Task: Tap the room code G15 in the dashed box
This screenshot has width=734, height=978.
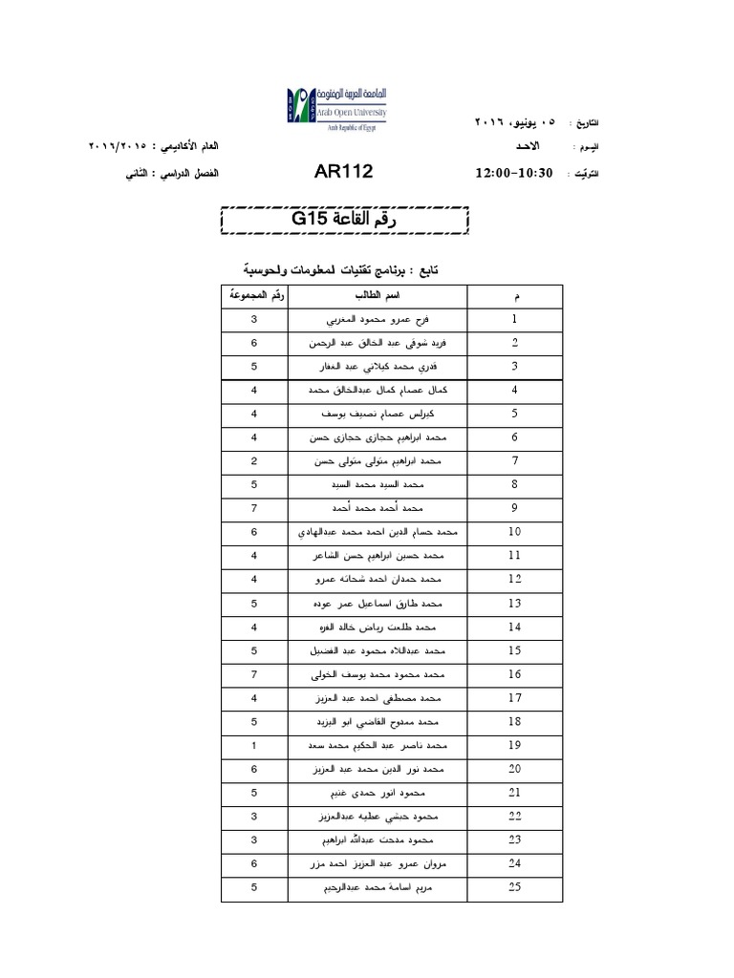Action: point(311,219)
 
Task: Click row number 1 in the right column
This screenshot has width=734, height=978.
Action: point(515,319)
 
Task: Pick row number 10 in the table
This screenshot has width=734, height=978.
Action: point(515,532)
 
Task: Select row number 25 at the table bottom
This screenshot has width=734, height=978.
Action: point(515,886)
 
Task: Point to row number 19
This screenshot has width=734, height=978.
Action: point(515,745)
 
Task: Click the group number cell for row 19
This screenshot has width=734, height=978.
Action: point(254,745)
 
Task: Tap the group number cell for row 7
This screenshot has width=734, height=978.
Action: point(254,461)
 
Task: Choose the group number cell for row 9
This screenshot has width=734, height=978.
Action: point(254,508)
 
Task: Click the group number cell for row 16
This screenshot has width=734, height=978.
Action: point(254,674)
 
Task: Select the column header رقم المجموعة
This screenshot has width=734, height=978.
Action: point(254,294)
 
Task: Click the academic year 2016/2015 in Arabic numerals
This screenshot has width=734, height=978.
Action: point(118,146)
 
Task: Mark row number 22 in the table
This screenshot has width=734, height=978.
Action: point(515,816)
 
